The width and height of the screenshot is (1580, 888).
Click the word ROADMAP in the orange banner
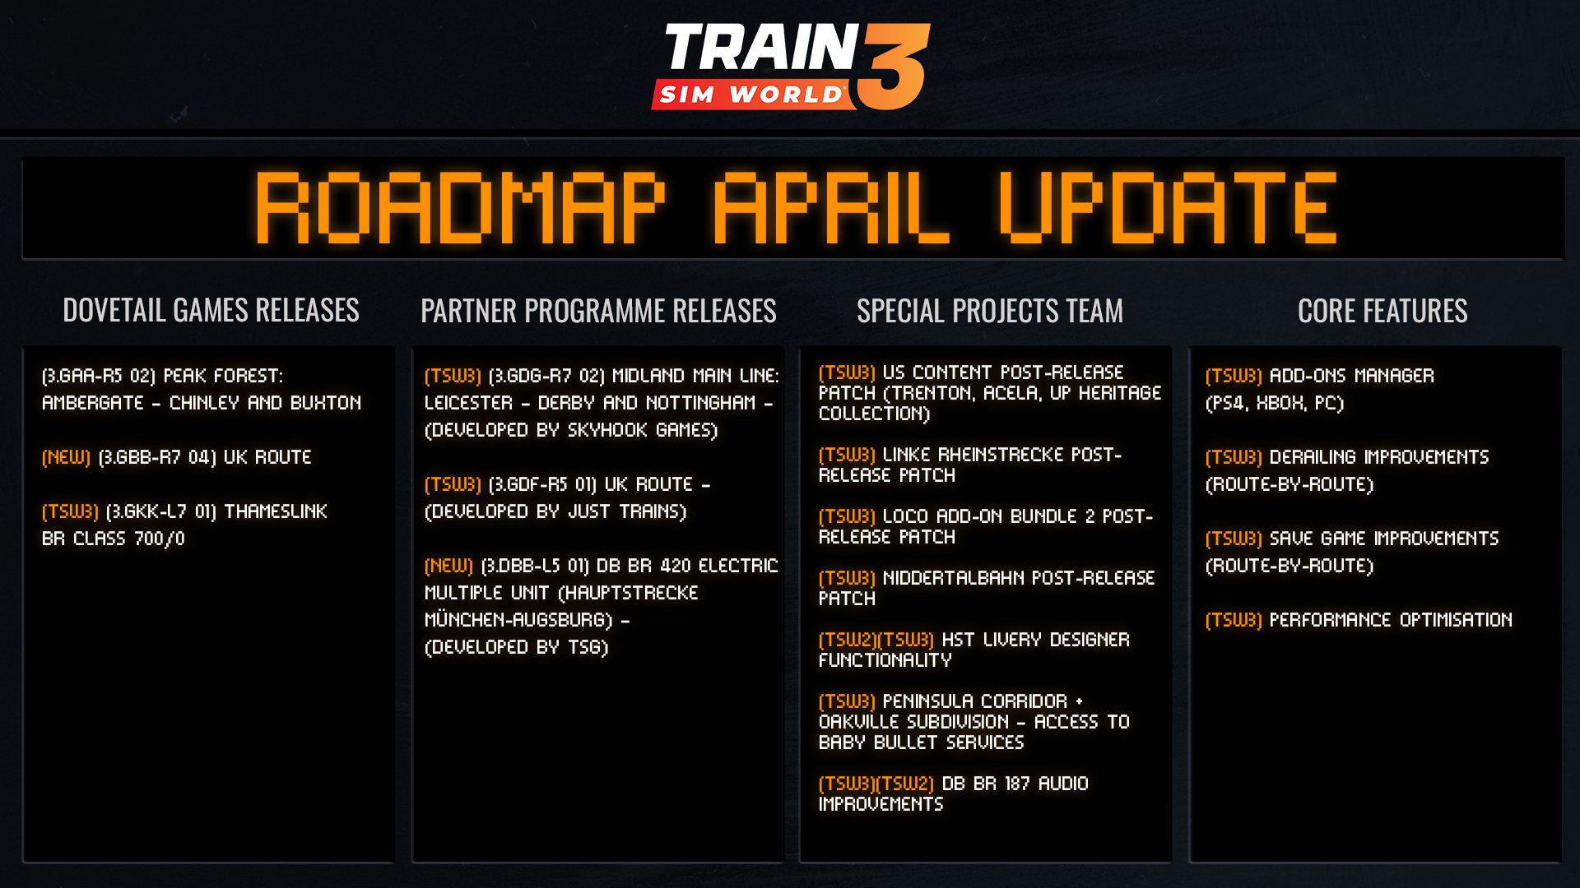click(460, 208)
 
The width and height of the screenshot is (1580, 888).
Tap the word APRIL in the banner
click(832, 208)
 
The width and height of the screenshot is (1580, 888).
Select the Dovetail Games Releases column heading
click(211, 310)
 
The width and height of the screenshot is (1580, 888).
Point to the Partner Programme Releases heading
click(598, 311)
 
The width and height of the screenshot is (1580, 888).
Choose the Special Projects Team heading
click(990, 311)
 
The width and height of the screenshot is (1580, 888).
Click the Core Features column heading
click(1382, 311)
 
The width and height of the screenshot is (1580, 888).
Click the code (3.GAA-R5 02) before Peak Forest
click(99, 376)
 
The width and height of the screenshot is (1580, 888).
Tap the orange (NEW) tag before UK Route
click(66, 457)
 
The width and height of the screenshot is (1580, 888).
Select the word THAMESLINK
click(276, 511)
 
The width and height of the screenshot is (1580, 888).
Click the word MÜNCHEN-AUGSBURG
click(516, 620)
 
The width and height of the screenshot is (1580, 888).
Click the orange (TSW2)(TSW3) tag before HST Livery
click(876, 640)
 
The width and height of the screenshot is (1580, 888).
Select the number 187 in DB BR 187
click(1017, 784)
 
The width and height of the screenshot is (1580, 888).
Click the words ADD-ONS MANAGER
click(1352, 376)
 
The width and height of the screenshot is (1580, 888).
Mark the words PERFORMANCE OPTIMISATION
click(1391, 620)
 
